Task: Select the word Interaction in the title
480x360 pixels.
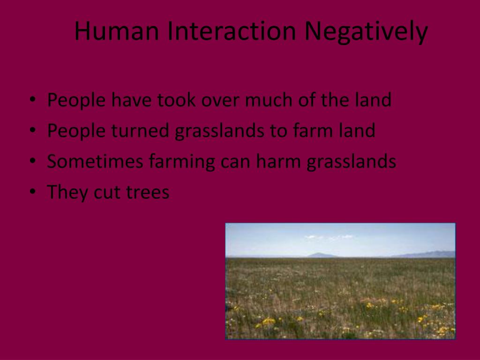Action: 232,31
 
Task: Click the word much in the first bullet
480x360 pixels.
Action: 267,100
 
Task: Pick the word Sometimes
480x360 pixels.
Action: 95,162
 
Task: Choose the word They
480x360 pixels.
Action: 67,193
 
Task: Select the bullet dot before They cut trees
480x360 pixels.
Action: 32,192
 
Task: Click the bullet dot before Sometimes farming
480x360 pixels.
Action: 32,161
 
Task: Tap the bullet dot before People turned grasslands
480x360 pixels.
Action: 32,130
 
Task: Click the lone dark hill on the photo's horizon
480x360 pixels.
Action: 322,255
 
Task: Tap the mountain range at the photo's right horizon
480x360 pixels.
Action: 429,254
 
